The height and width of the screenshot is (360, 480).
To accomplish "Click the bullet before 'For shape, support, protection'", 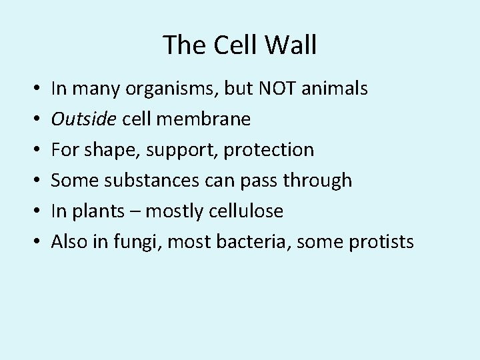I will [33, 150].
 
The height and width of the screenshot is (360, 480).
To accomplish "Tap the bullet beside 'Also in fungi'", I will [33, 242].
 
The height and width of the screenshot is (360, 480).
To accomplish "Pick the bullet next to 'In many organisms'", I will [33, 89].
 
